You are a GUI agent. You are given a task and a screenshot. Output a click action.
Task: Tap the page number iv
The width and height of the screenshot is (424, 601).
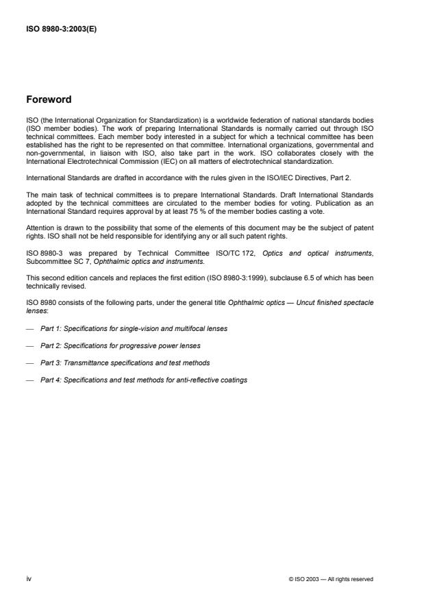[29, 579]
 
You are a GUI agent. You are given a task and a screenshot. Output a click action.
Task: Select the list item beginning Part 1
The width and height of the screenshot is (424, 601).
[134, 329]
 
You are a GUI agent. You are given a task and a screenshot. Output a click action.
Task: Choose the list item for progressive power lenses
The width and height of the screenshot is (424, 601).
[121, 345]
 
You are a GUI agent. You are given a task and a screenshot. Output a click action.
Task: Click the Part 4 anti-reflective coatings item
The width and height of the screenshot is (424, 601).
[144, 380]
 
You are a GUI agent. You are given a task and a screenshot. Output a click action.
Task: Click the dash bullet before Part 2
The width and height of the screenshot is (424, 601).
[29, 345]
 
